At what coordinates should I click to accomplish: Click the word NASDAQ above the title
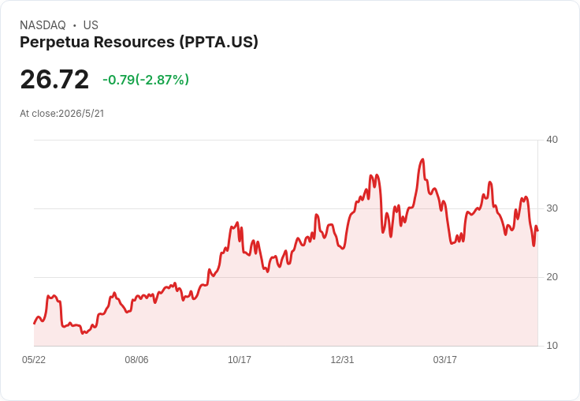pyautogui.click(x=43, y=25)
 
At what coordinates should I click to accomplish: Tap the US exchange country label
pyautogui.click(x=91, y=25)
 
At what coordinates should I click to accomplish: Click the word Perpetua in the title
pyautogui.click(x=54, y=42)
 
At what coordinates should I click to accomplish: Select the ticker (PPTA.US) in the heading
pyautogui.click(x=218, y=42)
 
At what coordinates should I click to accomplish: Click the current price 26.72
pyautogui.click(x=54, y=79)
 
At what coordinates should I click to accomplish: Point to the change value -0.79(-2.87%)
pyautogui.click(x=146, y=80)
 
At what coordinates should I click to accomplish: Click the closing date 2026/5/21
pyautogui.click(x=81, y=114)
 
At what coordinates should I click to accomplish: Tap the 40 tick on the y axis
pyautogui.click(x=552, y=140)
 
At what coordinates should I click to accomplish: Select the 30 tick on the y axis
pyautogui.click(x=552, y=208)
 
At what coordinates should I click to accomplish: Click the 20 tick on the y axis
pyautogui.click(x=552, y=277)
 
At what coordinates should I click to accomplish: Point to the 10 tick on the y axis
pyautogui.click(x=552, y=346)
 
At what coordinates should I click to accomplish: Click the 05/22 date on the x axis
pyautogui.click(x=34, y=359)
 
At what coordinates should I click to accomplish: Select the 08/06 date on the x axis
pyautogui.click(x=136, y=359)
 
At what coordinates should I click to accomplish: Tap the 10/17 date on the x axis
pyautogui.click(x=240, y=359)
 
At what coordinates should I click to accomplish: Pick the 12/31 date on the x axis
pyautogui.click(x=342, y=359)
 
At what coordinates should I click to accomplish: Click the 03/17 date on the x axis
pyautogui.click(x=445, y=359)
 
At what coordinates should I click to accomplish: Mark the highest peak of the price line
pyautogui.click(x=422, y=159)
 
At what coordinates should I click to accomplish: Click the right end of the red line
pyautogui.click(x=537, y=230)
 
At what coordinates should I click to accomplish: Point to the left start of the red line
pyautogui.click(x=34, y=324)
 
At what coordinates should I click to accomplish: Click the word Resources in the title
pyautogui.click(x=134, y=42)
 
